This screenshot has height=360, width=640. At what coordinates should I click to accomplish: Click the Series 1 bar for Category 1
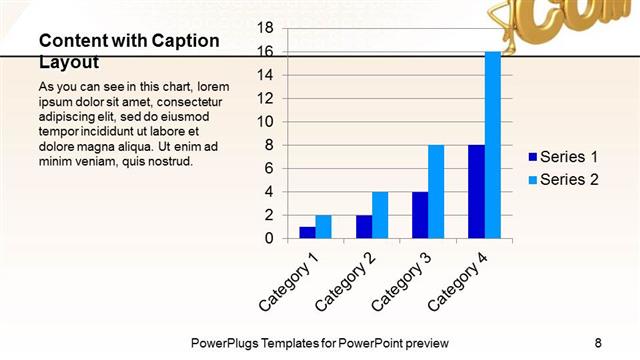(307, 233)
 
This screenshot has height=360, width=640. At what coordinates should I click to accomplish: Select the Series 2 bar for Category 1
(323, 227)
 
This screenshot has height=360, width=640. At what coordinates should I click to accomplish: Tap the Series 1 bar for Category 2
(364, 227)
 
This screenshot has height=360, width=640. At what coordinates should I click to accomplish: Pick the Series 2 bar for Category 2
(380, 215)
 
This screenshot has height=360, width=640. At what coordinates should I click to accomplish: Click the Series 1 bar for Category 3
(420, 215)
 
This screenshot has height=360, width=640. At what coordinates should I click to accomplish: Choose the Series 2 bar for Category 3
(436, 192)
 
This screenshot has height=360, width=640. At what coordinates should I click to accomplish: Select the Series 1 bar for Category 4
(477, 192)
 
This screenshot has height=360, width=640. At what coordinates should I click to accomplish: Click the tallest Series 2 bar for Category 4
(493, 145)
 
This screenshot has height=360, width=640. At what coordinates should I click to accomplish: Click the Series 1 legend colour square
(532, 157)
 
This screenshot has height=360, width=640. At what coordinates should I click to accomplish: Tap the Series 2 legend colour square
(532, 179)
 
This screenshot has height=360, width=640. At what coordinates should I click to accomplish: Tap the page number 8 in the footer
(597, 341)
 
